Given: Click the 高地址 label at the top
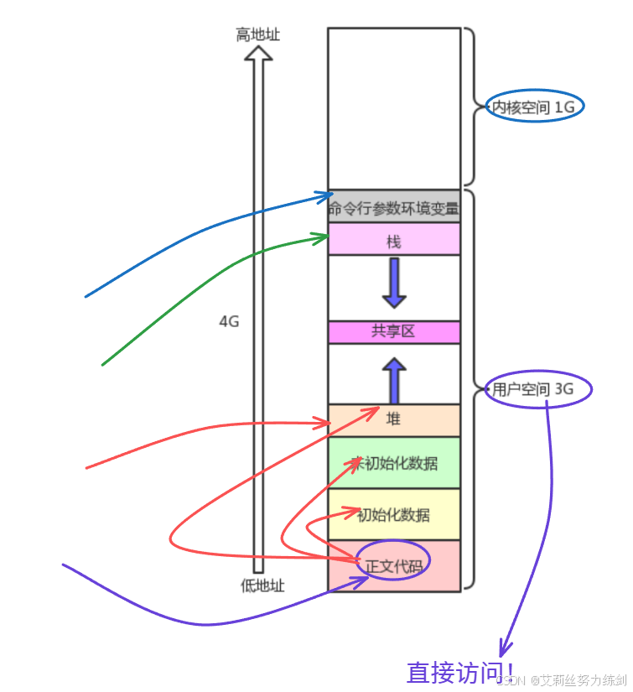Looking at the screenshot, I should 257,34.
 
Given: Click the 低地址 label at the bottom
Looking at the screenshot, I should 262,585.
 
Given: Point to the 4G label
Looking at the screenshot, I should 229,321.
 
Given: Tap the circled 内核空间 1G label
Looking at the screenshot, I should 534,107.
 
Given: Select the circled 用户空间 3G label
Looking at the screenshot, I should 537,389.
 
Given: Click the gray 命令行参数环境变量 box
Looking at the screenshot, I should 394,207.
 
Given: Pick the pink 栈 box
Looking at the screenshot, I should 394,241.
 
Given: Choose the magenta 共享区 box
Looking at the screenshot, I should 394,332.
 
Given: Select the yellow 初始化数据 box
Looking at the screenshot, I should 394,514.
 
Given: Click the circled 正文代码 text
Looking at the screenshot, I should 394,566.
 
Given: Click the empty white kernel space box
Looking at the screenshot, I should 394,107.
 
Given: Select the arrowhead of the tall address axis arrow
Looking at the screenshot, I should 258,54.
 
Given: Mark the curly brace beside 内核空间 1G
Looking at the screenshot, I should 471,107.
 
